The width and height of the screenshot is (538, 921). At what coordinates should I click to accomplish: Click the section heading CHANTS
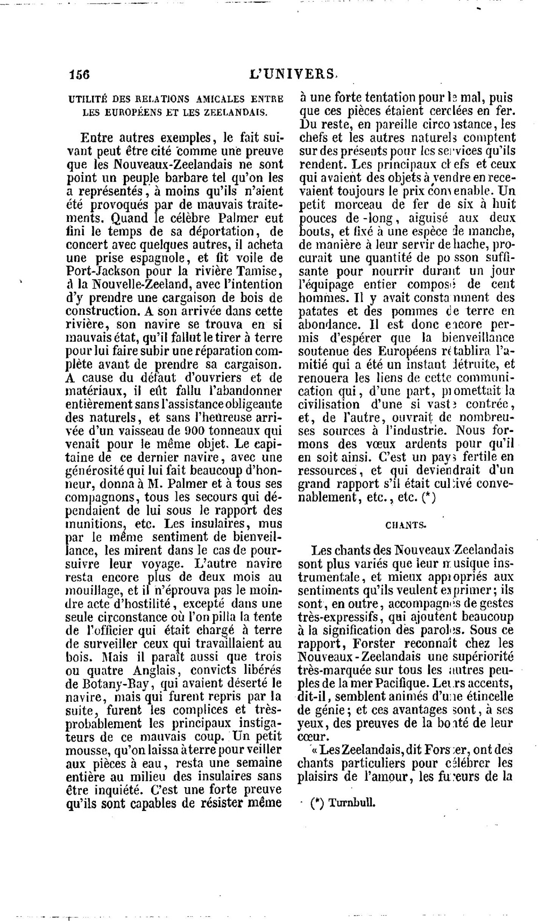(x=406, y=526)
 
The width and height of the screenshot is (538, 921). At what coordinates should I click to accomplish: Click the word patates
(x=319, y=311)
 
